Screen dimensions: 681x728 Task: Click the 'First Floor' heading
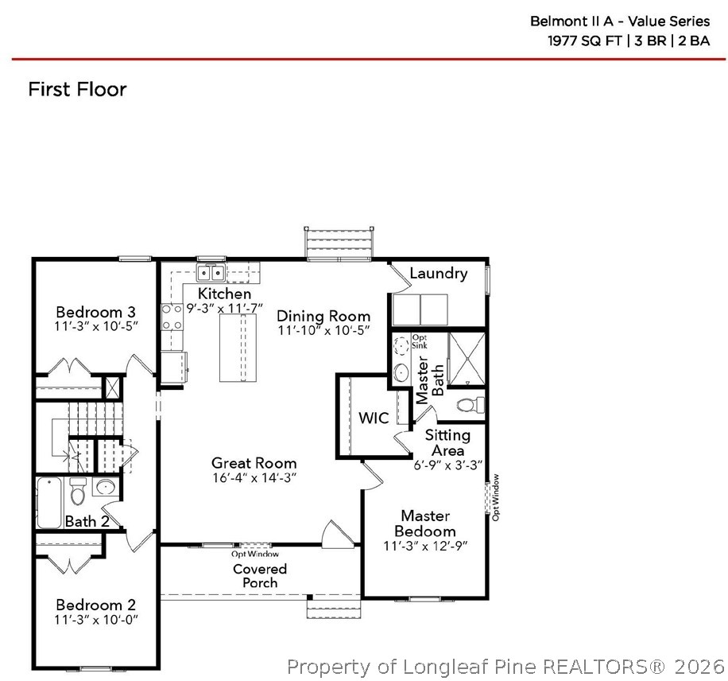point(77,89)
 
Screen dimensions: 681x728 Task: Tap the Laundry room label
point(438,274)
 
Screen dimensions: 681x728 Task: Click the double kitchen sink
point(211,274)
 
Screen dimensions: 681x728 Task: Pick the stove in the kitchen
point(172,317)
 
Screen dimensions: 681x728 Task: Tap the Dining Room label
point(323,316)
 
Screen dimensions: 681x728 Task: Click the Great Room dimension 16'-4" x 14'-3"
point(254,478)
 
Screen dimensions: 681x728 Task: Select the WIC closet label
point(374,418)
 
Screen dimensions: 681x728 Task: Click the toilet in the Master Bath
point(472,404)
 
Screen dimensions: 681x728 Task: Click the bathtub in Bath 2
point(49,503)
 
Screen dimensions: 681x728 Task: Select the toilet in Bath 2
point(78,493)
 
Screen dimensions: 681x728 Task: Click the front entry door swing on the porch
point(334,533)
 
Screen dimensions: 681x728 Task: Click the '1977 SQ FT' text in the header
point(583,41)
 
